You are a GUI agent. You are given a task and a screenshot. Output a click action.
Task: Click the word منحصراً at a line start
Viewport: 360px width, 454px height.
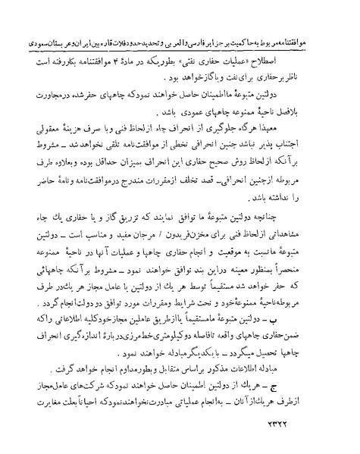coord(312,268)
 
